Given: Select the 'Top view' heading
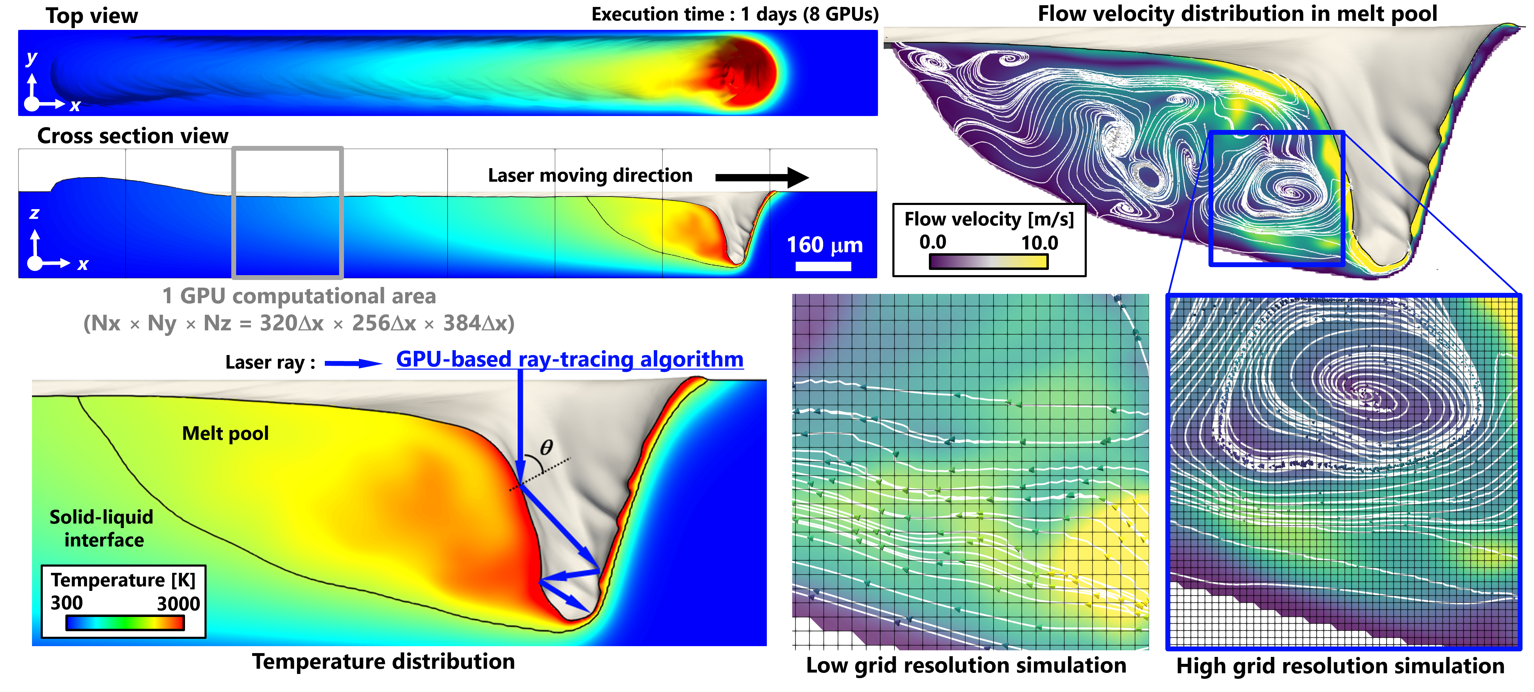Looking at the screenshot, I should pyautogui.click(x=92, y=16).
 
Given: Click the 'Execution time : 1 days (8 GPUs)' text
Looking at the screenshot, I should pyautogui.click(x=734, y=14).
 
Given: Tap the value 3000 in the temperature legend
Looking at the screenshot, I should pyautogui.click(x=178, y=603).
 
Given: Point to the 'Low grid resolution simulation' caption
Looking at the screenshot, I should pyautogui.click(x=966, y=665).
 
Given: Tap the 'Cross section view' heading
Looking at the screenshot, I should pyautogui.click(x=133, y=136).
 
